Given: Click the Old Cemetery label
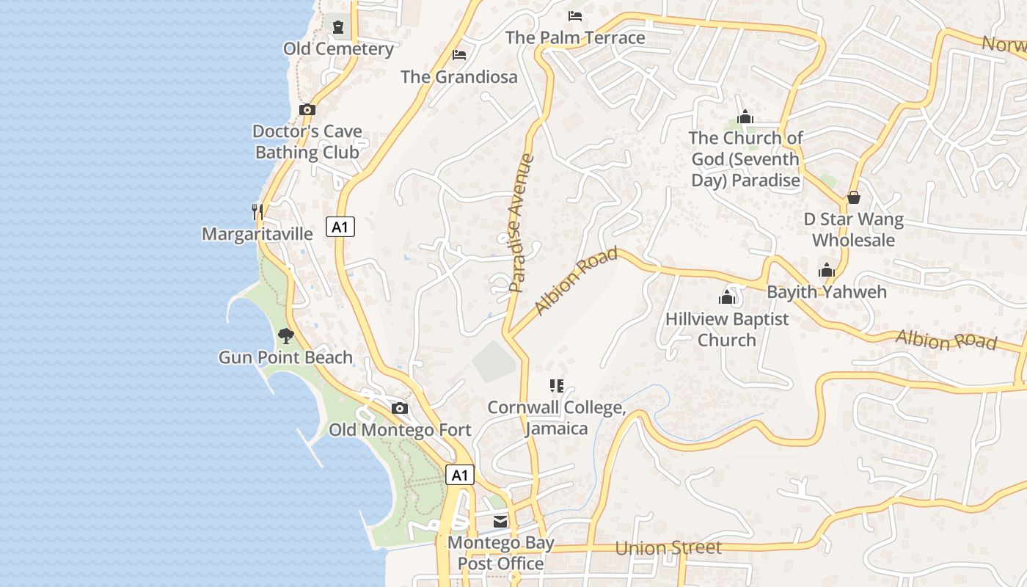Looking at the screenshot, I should coord(338,49).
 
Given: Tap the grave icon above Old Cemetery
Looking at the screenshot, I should coord(337,27).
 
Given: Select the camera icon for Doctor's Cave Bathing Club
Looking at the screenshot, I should coord(307,110).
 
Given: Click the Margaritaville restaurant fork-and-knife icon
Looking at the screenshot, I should coord(257,212).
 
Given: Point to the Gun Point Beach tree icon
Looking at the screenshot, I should coord(286,336).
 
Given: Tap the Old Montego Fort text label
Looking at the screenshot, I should coord(400,430).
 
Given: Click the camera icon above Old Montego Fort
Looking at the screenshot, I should coord(400,409).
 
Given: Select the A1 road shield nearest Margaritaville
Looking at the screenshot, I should coord(340,227).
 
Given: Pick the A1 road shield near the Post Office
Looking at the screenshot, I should coord(460,475).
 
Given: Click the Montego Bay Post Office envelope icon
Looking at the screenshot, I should coord(500,522).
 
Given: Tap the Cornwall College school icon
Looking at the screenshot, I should coord(556,385).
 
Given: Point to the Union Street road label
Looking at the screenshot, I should coord(668,548).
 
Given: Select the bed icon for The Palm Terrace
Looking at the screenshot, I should coord(575,16).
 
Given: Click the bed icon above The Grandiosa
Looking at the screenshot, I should coord(459,55).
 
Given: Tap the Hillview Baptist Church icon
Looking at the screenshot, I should coord(727,297).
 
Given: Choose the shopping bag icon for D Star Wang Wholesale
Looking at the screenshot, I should coord(853,197).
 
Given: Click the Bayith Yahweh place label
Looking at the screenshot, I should coord(827,292).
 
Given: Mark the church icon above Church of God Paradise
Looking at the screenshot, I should coord(745,117).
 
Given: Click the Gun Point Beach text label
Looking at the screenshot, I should coord(285,358).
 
